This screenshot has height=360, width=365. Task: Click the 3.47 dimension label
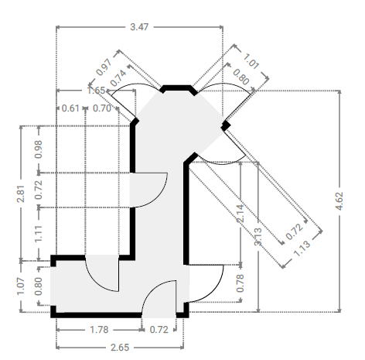point(139,27)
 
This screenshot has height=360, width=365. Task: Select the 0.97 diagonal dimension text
point(104,67)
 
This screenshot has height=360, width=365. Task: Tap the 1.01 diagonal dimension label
point(251,61)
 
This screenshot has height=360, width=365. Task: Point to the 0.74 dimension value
point(118,78)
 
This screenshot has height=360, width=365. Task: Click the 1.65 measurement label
point(96,91)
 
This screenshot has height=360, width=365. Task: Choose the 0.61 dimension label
point(70,108)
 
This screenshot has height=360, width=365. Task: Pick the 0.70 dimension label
point(102,108)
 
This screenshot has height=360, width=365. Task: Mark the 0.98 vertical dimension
point(39,149)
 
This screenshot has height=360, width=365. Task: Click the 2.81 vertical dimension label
point(21,194)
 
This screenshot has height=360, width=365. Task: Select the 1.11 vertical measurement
point(39,234)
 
